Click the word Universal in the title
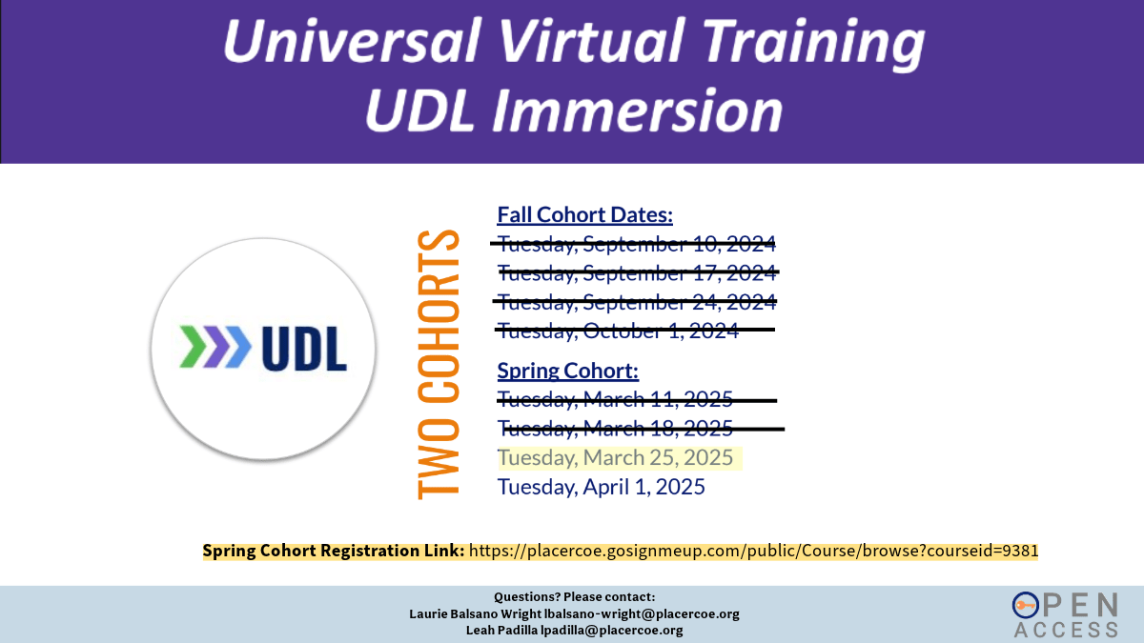tap(352, 41)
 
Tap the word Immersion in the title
tap(638, 111)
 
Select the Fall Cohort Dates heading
tap(584, 215)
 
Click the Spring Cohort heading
tap(568, 371)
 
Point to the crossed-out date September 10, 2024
tap(637, 244)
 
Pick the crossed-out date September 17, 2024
tap(638, 273)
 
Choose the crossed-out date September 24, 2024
tap(637, 302)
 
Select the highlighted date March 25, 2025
tap(616, 458)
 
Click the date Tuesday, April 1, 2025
tap(602, 487)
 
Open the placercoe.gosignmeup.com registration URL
tap(754, 552)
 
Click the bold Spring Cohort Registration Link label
tap(334, 552)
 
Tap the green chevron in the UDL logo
tap(193, 347)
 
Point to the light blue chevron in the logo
tap(238, 347)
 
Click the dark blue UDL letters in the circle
tap(304, 349)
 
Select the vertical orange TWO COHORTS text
tap(439, 364)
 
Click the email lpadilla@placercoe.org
tap(612, 631)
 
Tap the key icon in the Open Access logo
tap(1026, 606)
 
